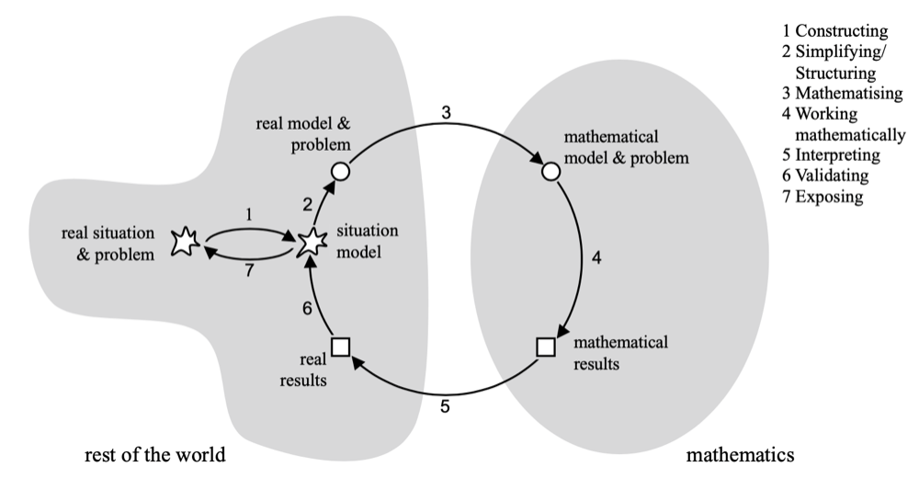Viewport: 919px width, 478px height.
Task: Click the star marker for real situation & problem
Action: coord(186,244)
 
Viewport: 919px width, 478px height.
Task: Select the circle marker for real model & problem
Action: coord(339,170)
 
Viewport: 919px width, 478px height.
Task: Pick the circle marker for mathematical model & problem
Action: coord(550,170)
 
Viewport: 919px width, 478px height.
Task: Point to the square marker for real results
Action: coord(341,347)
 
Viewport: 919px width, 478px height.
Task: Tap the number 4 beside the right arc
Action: coord(596,258)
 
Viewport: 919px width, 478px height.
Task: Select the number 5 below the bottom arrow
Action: coord(445,405)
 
